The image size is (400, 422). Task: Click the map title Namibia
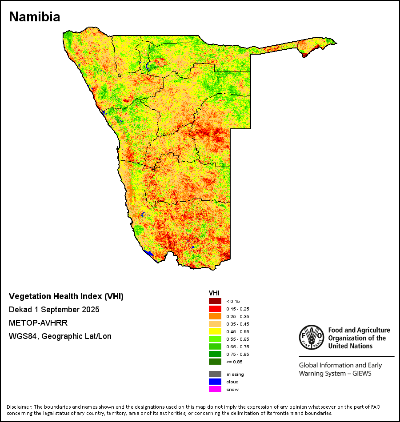click(34, 17)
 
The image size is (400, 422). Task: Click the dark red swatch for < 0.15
click(215, 301)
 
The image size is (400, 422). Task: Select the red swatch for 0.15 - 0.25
click(215, 309)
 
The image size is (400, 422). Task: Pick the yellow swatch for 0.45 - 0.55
click(215, 331)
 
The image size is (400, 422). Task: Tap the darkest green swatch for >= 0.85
click(215, 362)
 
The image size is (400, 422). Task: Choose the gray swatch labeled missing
click(215, 374)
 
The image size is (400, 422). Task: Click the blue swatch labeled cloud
click(215, 382)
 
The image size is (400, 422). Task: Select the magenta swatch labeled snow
click(215, 389)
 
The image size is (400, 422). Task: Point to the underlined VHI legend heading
click(214, 293)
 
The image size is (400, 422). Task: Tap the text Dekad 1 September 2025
click(54, 309)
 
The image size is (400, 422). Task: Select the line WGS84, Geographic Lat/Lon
click(60, 336)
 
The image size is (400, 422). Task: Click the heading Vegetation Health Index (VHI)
click(66, 296)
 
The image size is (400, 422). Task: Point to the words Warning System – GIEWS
click(335, 374)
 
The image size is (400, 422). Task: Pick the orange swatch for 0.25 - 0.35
click(215, 316)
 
